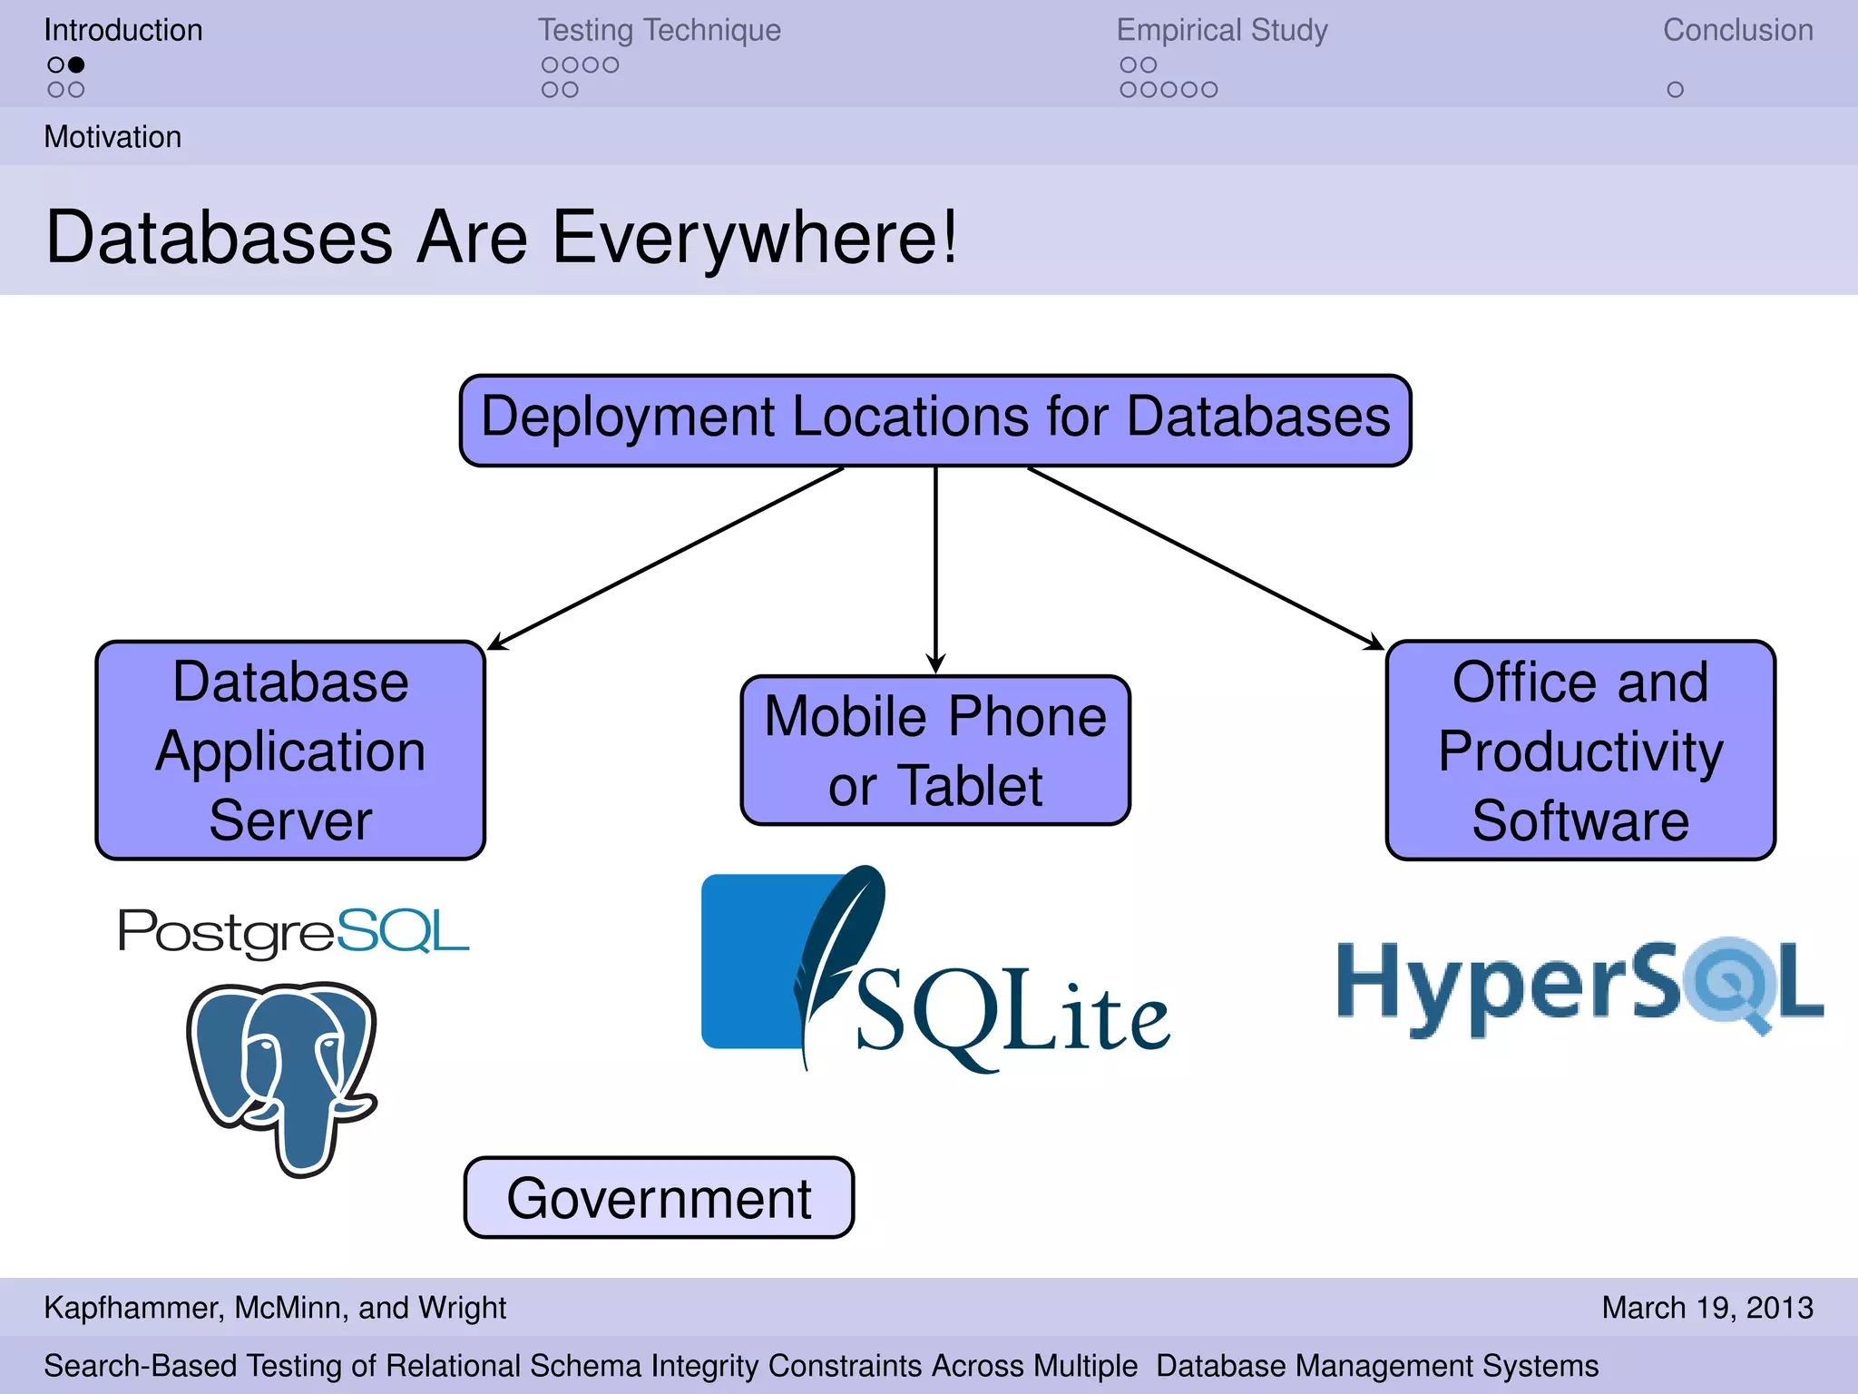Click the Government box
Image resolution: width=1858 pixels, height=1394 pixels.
click(659, 1197)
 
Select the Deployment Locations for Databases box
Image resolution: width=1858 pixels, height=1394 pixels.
click(935, 419)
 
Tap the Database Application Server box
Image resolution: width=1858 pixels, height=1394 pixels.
click(290, 750)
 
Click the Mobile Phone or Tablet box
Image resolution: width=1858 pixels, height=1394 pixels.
click(935, 750)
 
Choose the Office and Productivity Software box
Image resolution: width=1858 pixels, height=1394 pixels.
click(1580, 750)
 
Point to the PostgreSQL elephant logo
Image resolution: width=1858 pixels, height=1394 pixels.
click(283, 1075)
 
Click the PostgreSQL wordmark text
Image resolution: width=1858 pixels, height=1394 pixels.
click(292, 931)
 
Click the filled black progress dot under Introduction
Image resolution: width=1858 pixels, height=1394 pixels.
click(77, 64)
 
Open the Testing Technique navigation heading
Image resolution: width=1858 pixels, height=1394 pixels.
click(659, 30)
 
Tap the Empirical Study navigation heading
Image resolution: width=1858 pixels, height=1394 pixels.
click(1221, 30)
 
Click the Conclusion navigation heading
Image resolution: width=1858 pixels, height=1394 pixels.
click(1737, 30)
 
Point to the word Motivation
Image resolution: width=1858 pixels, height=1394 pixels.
click(112, 137)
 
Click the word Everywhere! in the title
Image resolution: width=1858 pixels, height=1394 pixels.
click(755, 238)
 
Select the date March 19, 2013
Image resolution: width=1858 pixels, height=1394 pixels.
click(1706, 1307)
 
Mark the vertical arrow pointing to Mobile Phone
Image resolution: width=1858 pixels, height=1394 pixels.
click(935, 572)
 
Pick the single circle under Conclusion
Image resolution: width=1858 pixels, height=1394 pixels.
click(1675, 90)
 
